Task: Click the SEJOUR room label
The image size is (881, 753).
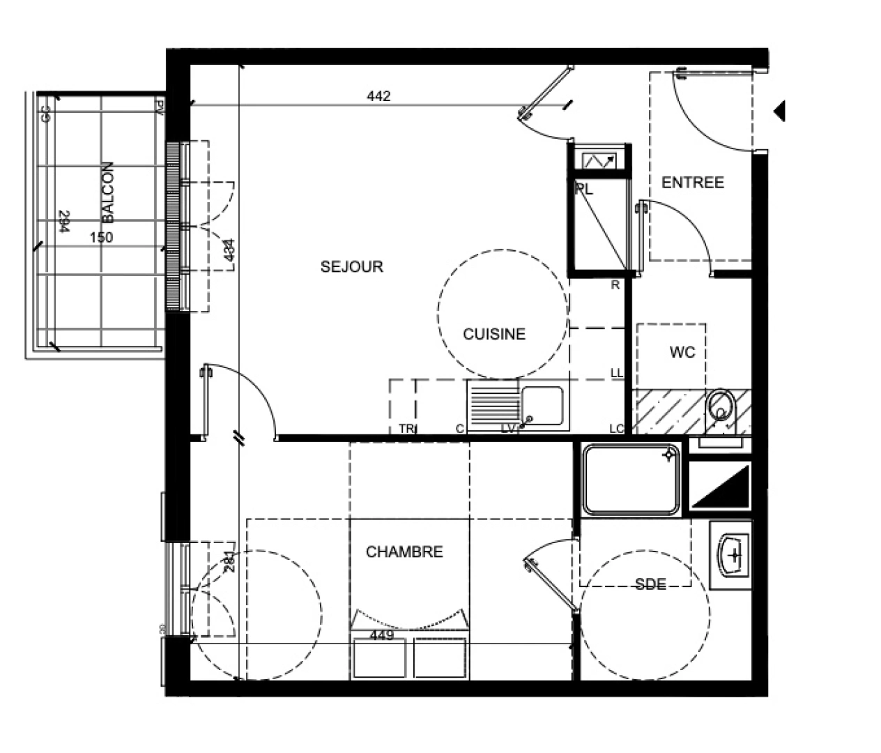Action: (351, 266)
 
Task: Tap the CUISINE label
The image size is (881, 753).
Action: (493, 334)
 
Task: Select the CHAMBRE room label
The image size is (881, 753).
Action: (404, 552)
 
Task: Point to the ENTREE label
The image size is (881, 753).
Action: (692, 183)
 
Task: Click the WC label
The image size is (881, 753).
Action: (682, 353)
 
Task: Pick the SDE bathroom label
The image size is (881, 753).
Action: (650, 584)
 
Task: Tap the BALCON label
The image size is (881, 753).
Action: (109, 192)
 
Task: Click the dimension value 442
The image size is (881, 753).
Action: (378, 96)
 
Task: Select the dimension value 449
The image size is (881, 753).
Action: (381, 635)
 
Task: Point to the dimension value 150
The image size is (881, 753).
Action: (101, 237)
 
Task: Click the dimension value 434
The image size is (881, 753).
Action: (230, 251)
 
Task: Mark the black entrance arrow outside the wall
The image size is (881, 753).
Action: (780, 110)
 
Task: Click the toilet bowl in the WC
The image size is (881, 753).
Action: (721, 409)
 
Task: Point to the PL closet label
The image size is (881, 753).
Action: (584, 190)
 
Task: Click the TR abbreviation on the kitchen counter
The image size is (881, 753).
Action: (406, 429)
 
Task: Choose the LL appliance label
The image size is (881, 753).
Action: (616, 374)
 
